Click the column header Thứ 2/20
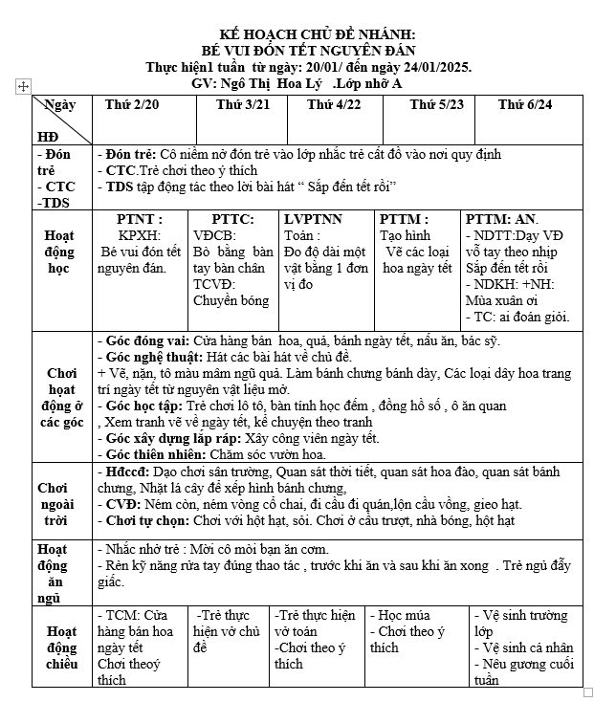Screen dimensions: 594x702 [132, 103]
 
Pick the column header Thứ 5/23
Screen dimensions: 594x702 [436, 103]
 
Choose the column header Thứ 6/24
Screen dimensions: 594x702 [525, 103]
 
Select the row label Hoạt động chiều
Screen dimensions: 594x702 [62, 647]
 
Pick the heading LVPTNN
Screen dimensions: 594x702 [313, 219]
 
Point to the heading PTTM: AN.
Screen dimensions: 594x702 [499, 219]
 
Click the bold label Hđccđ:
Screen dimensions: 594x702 [124, 472]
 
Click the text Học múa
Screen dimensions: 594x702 [403, 616]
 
